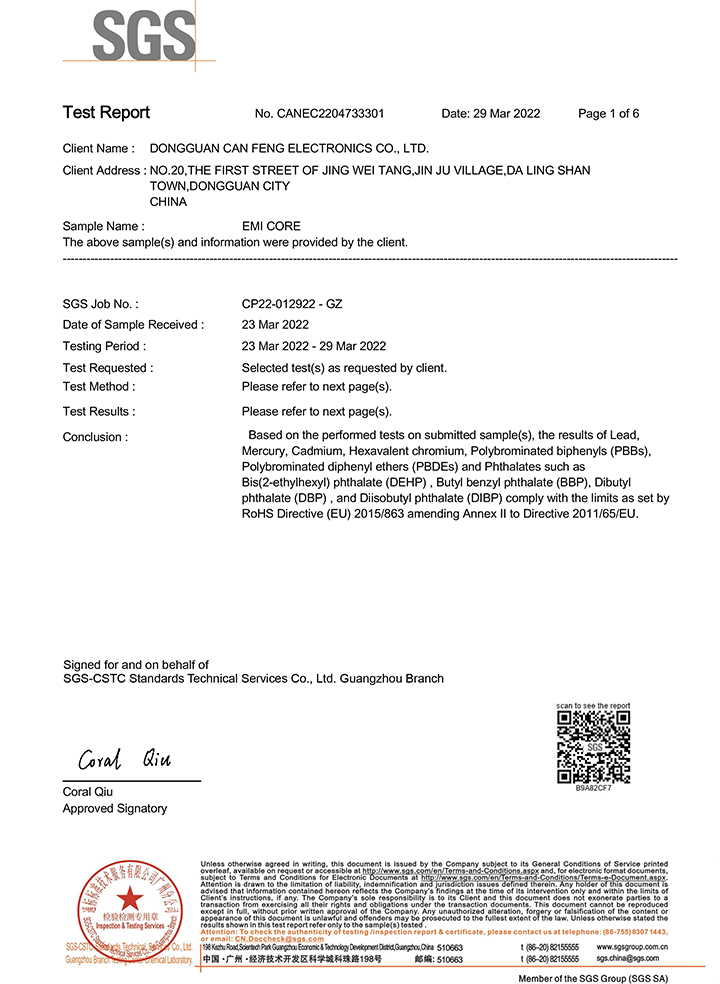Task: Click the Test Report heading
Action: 106,112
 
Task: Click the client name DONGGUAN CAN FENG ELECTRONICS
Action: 289,148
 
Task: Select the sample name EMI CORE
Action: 271,226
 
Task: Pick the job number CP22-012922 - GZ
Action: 292,303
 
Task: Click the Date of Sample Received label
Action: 133,324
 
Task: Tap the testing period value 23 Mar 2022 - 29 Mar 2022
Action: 314,346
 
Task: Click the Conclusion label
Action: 95,437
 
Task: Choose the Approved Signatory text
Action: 115,808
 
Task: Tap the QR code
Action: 593,746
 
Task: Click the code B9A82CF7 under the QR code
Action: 593,788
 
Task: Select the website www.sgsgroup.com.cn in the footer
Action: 633,946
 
